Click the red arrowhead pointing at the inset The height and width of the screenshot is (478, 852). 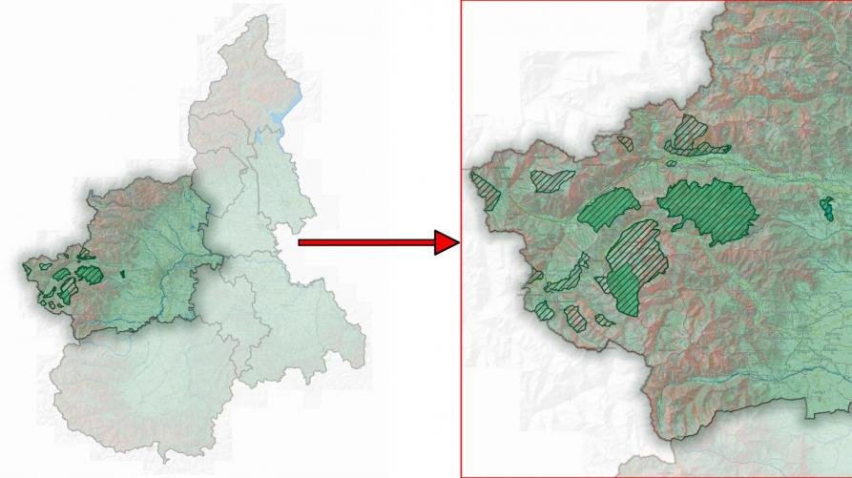[x=447, y=242]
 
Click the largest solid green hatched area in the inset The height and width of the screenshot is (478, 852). [x=707, y=206]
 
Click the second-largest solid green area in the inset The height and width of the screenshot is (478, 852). [x=607, y=204]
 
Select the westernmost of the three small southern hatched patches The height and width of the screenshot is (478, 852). [x=545, y=310]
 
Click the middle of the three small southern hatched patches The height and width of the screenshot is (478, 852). [x=575, y=317]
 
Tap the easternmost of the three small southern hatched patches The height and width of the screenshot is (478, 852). [x=604, y=321]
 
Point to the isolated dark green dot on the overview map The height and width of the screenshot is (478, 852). [x=123, y=278]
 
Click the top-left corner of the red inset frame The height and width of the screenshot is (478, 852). [x=462, y=2]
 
